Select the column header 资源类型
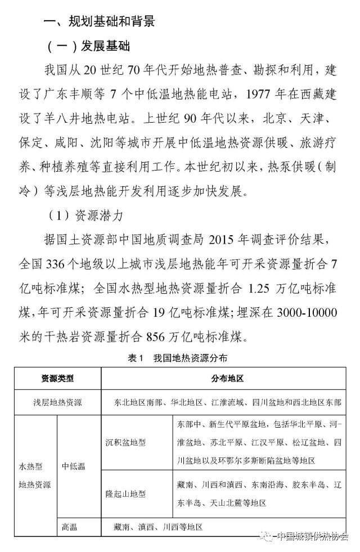point(57,379)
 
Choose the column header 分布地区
point(227,379)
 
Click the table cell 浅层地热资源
point(57,402)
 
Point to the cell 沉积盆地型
point(125,443)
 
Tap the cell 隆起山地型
point(125,493)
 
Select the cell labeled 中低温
point(74,466)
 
